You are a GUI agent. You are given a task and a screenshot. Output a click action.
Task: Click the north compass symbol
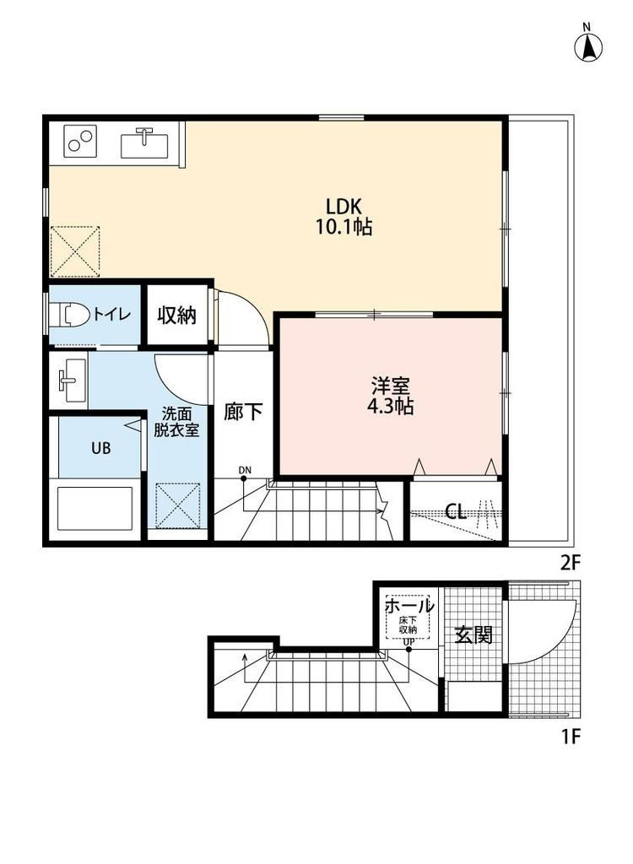coord(588,43)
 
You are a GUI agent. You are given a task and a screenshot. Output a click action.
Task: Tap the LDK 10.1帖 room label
coord(344,217)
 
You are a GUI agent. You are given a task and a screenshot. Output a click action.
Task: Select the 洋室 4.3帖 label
coord(391,396)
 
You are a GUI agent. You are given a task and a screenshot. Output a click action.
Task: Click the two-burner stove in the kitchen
coord(80,141)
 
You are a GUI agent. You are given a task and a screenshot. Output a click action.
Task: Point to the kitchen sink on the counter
coord(144,143)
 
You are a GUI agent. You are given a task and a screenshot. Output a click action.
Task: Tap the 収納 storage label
coord(177,316)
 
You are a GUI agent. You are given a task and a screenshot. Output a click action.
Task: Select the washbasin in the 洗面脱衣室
coord(71,381)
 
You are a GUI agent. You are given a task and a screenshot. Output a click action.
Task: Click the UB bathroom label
coord(101,448)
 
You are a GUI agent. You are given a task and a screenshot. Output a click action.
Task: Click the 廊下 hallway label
coord(243,412)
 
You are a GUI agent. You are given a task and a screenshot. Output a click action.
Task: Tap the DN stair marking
coord(245,470)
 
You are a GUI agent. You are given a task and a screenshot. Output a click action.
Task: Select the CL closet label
coord(456,512)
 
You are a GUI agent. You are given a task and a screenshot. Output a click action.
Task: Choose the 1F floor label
coord(571,736)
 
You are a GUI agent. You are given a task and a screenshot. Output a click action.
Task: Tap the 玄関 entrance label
coord(473,635)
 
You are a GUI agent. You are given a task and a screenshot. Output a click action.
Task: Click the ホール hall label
coord(409,606)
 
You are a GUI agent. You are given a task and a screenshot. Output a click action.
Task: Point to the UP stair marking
coord(408,642)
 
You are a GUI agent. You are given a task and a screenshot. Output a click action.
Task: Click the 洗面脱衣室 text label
coord(176,422)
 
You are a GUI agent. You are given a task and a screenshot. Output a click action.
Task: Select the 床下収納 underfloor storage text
coord(408,625)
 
